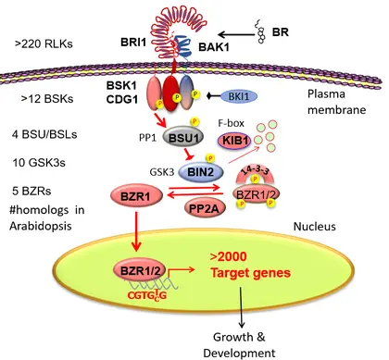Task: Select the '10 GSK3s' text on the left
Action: (x=42, y=163)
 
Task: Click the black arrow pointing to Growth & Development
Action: (x=242, y=316)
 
